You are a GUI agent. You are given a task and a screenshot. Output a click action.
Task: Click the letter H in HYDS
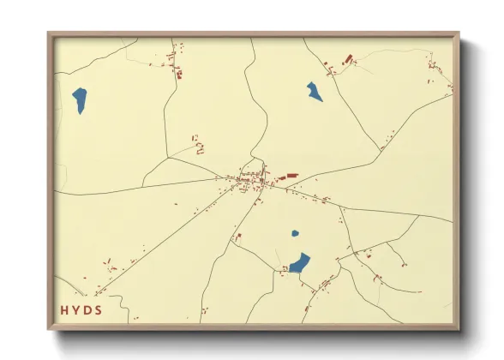click(x=64, y=309)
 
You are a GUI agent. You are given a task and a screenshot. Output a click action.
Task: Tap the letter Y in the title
click(x=76, y=309)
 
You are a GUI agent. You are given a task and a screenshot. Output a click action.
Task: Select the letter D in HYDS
click(x=87, y=309)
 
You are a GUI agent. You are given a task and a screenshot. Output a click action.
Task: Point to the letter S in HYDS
click(x=99, y=309)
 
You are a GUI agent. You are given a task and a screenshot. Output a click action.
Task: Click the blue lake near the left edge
click(x=80, y=100)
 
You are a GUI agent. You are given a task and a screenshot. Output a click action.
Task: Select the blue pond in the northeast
click(x=315, y=91)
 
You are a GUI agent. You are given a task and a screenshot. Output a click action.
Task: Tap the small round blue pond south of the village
click(x=295, y=232)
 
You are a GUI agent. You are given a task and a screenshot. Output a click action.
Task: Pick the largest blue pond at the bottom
click(x=299, y=262)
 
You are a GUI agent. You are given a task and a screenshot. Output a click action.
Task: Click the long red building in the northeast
click(x=348, y=59)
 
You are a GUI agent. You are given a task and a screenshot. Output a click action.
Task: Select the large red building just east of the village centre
click(x=289, y=176)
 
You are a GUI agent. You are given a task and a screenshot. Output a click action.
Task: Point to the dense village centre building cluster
click(x=251, y=180)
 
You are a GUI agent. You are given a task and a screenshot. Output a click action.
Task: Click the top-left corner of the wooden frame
click(x=49, y=34)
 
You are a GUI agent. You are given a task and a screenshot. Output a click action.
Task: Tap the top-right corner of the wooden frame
click(x=458, y=34)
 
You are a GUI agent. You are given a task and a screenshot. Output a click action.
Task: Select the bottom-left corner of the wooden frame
click(x=49, y=328)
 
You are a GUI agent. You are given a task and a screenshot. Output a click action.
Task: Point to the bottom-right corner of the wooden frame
click(x=458, y=328)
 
